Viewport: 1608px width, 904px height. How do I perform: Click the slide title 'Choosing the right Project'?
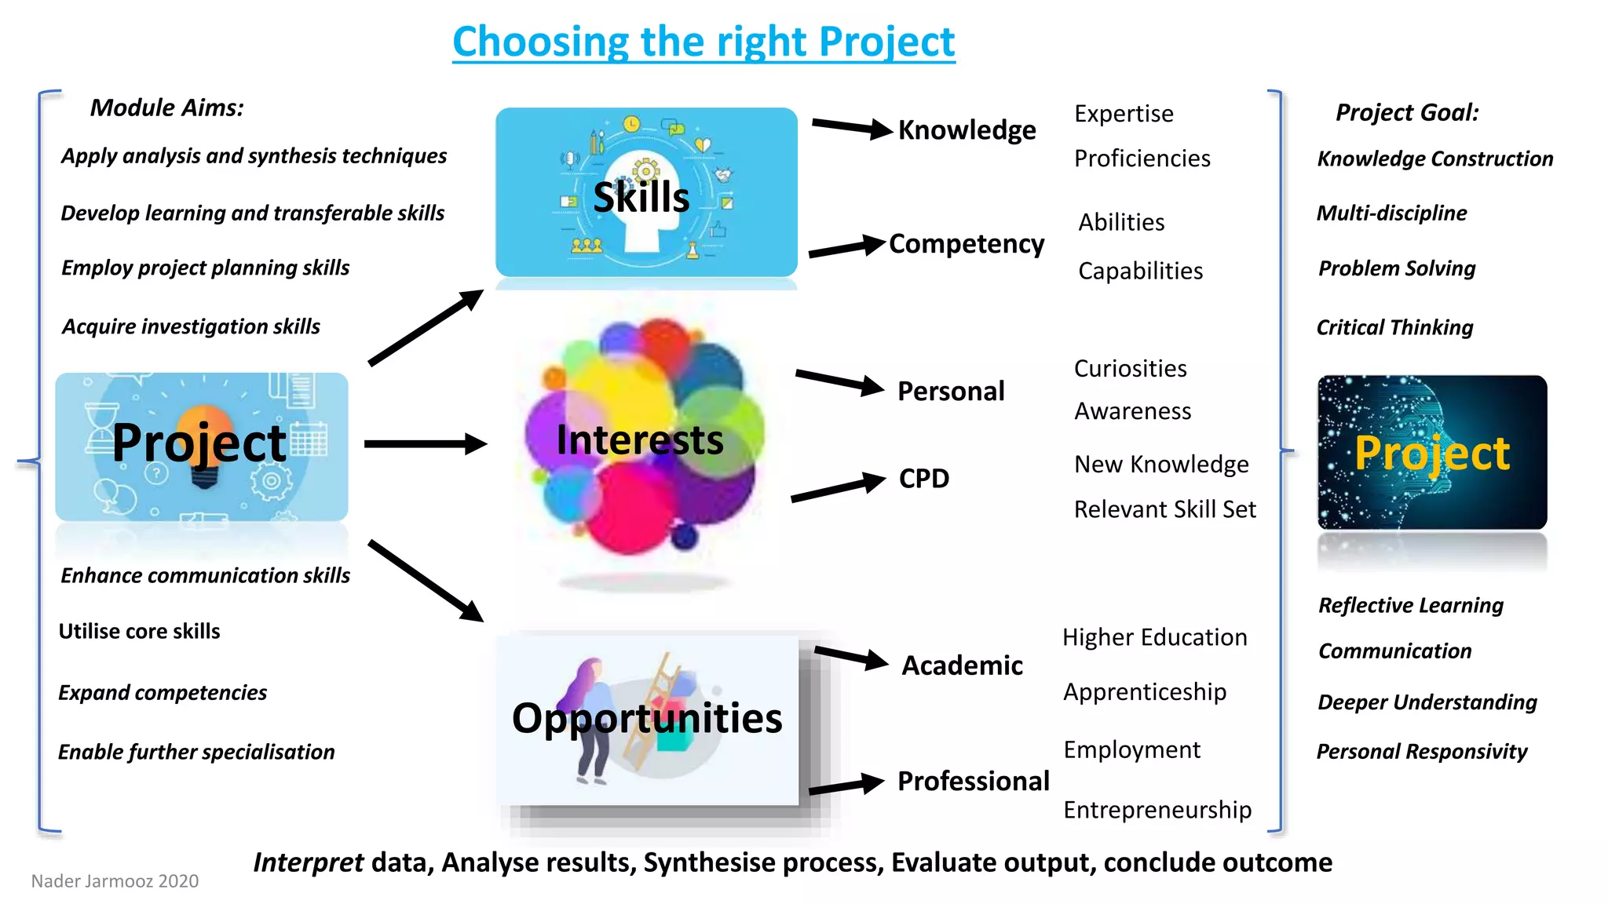point(703,42)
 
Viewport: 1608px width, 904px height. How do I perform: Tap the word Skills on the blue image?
point(641,197)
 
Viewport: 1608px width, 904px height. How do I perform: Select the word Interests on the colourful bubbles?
point(639,439)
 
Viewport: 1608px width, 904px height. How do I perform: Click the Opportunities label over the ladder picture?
point(646,718)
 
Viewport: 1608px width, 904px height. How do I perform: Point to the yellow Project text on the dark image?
point(1431,453)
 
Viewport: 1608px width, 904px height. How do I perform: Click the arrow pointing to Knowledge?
point(851,127)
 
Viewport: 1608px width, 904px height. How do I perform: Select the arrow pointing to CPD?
point(838,488)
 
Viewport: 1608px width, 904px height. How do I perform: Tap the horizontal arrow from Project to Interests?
point(425,444)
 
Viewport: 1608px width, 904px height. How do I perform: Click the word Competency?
point(966,244)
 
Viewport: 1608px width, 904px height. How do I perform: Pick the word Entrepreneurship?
point(1157,810)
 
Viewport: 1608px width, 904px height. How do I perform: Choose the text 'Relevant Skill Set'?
point(1164,509)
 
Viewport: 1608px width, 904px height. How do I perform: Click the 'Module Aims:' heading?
point(166,108)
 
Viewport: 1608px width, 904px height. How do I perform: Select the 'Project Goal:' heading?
point(1406,112)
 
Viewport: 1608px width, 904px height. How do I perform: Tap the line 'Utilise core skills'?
point(139,631)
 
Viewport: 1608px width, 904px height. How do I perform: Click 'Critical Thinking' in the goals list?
point(1394,327)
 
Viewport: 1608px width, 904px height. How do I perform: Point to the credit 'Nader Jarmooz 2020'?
point(115,881)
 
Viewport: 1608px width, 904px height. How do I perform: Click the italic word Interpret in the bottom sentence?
point(308,862)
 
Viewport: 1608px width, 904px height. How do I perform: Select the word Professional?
point(973,781)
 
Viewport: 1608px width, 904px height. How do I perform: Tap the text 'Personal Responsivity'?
point(1421,752)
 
